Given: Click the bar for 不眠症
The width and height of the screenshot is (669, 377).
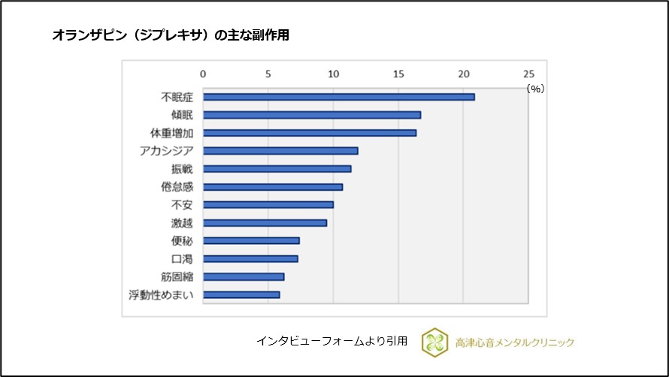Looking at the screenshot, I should click(338, 97).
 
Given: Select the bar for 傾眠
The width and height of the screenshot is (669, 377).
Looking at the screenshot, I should click(311, 115).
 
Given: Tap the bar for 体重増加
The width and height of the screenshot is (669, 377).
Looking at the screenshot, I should click(309, 133).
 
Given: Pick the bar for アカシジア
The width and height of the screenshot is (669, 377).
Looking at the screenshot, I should click(280, 151).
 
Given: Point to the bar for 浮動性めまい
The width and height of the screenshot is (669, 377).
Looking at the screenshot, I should click(241, 295).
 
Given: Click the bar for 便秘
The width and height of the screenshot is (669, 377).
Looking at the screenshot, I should click(251, 241).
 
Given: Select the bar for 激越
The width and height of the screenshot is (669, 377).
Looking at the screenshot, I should click(265, 223).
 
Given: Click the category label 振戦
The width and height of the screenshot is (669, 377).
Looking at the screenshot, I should click(183, 169).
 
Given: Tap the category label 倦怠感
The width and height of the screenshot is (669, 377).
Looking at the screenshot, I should click(177, 187).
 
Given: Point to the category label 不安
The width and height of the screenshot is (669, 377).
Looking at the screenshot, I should click(183, 205).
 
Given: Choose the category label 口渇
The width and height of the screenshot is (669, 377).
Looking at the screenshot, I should click(183, 259).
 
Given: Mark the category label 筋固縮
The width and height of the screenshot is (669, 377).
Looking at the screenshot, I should click(177, 277).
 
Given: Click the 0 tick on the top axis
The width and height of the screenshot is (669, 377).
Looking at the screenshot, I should click(203, 74).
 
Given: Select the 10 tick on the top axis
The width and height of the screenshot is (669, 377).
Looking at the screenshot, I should click(333, 74).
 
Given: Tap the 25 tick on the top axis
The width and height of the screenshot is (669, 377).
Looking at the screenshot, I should click(528, 74).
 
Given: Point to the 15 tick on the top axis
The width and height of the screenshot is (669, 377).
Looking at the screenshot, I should click(398, 74).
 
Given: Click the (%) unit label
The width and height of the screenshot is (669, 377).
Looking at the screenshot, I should click(534, 89).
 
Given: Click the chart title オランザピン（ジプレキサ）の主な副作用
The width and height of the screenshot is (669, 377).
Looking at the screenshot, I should click(170, 35).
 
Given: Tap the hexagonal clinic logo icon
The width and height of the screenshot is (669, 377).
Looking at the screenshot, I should click(435, 342).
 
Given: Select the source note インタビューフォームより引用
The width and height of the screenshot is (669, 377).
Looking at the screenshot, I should click(331, 342).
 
